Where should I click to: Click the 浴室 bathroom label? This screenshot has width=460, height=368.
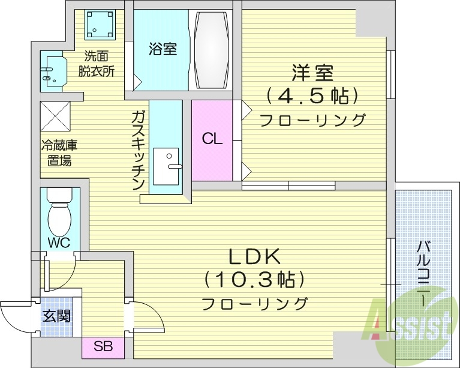tap(163, 49)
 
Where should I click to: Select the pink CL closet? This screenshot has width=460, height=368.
tap(212, 139)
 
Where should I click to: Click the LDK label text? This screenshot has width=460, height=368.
tap(254, 257)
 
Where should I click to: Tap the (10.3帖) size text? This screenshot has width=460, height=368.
tap(254, 280)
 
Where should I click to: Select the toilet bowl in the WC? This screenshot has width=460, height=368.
tap(59, 219)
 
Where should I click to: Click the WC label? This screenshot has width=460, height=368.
tap(59, 243)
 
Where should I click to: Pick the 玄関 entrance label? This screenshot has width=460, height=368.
tap(56, 315)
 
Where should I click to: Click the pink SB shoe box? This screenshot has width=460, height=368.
tap(102, 346)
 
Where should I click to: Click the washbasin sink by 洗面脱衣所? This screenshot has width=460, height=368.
tap(52, 70)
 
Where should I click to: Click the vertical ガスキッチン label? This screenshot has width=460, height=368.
tap(138, 149)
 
